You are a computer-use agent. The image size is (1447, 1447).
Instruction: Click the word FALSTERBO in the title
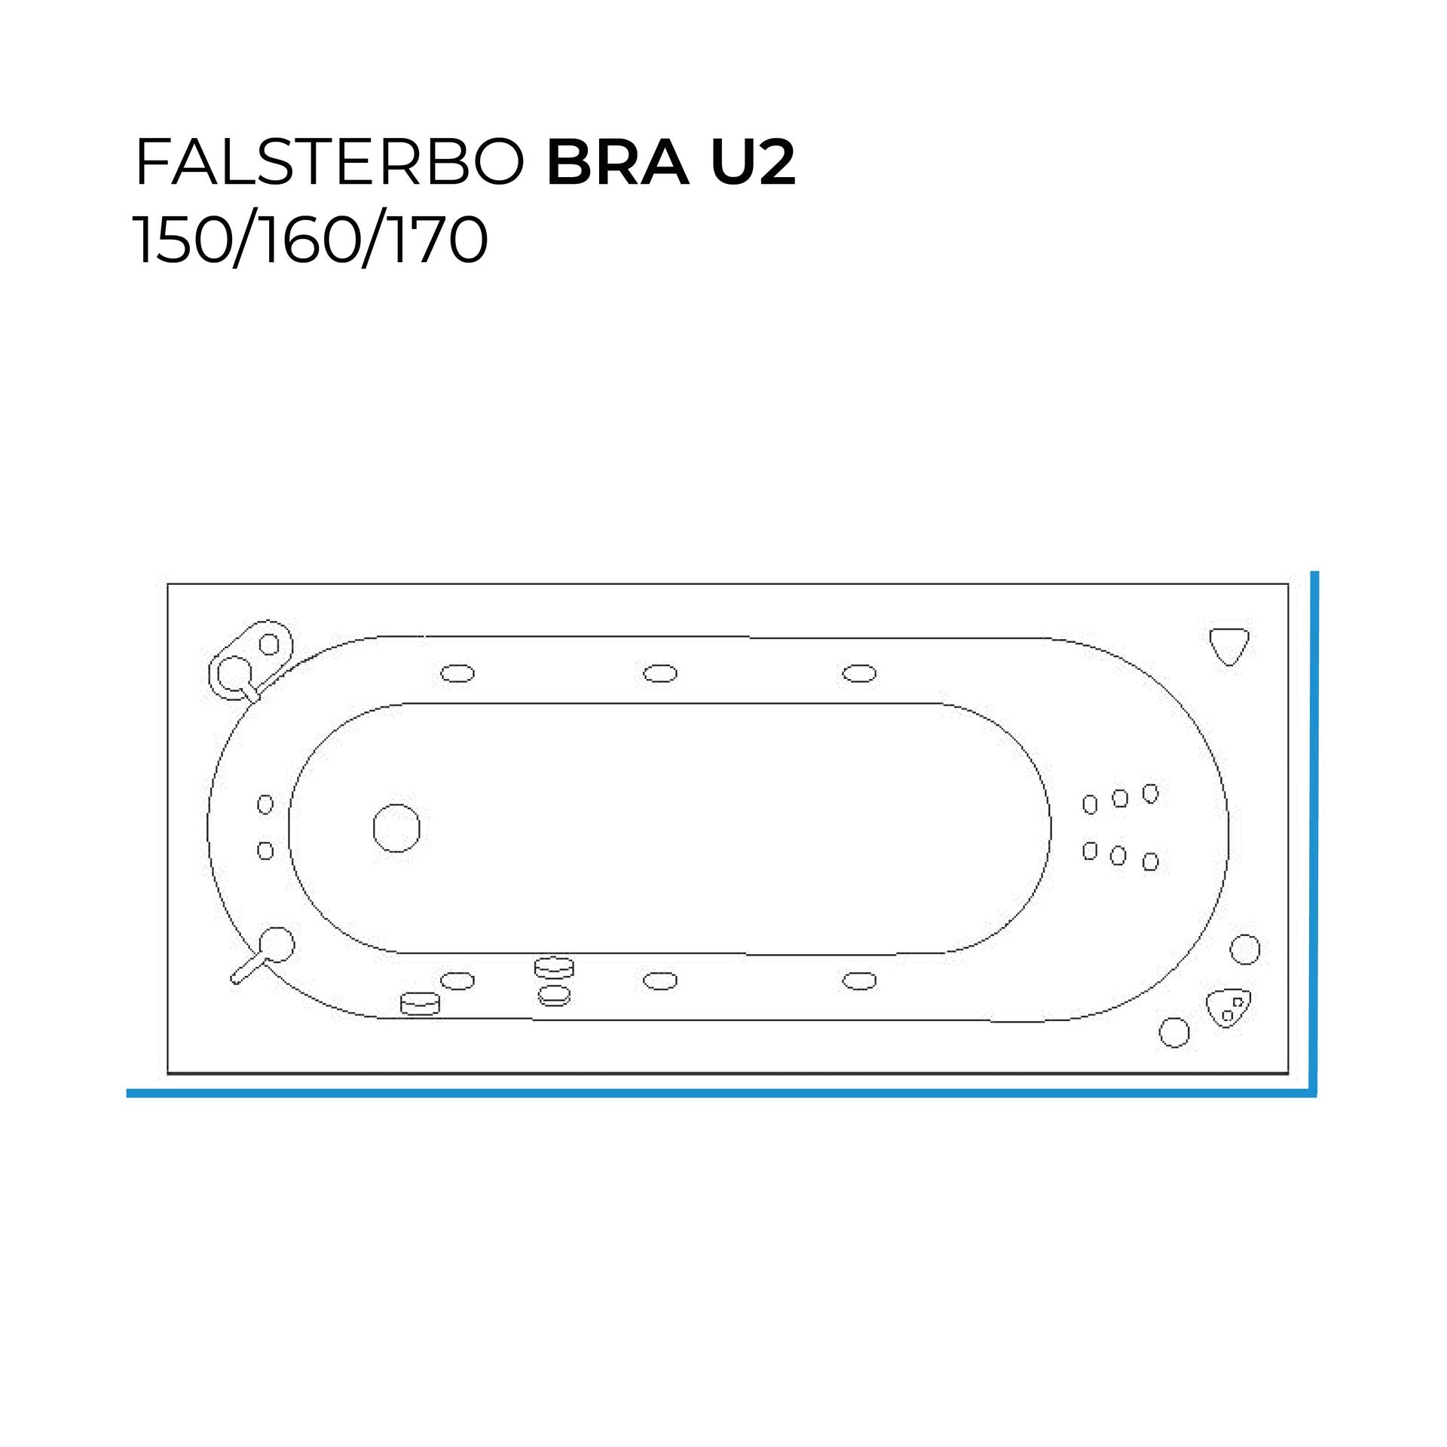click(329, 163)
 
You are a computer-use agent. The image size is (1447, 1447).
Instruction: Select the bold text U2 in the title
click(753, 163)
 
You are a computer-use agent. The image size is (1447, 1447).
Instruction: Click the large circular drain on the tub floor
click(396, 828)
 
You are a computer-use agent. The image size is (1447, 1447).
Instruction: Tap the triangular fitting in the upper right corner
click(1229, 646)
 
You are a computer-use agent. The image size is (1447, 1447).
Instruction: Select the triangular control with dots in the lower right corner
click(1228, 1008)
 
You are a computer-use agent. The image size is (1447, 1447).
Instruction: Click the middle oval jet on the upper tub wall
click(660, 673)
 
